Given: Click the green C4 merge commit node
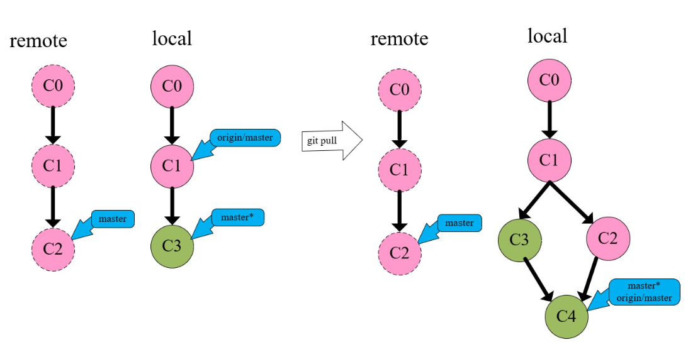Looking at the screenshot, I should click(x=567, y=316).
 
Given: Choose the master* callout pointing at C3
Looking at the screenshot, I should click(x=237, y=218).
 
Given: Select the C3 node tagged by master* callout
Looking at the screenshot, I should click(x=172, y=246).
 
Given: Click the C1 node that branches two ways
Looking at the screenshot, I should click(x=550, y=161).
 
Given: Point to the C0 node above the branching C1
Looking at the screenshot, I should click(x=550, y=80).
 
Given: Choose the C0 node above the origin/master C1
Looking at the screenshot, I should click(x=172, y=85).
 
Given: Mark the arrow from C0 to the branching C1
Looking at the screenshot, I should click(x=550, y=120).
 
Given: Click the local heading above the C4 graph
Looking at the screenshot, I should click(x=547, y=36).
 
